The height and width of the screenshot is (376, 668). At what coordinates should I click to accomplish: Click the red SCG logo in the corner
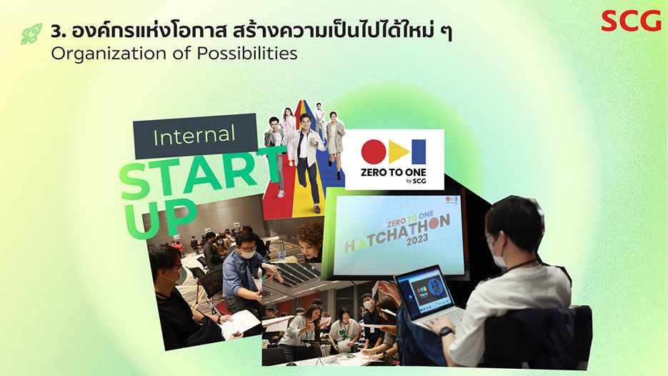tap(631, 21)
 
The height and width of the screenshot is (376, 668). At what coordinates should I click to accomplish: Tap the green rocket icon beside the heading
tap(32, 34)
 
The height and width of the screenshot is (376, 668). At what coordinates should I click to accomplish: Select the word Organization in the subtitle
tap(108, 54)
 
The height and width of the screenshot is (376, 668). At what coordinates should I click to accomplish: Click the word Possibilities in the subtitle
tap(247, 54)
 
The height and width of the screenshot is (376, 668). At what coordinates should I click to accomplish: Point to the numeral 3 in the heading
tap(56, 31)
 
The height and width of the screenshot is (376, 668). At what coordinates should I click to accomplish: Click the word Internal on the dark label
tap(194, 136)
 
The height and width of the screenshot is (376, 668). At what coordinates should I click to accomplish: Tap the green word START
tap(200, 175)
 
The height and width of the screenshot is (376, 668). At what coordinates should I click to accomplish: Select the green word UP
tap(160, 217)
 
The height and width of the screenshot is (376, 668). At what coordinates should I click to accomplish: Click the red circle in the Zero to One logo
tap(374, 152)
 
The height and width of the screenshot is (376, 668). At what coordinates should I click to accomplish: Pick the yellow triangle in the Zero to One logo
tap(399, 152)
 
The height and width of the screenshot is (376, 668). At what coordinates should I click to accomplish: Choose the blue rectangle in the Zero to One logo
tap(419, 152)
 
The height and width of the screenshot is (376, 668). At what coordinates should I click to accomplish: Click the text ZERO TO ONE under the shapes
tap(393, 172)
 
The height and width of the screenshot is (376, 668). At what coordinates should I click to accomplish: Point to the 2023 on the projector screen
tap(417, 240)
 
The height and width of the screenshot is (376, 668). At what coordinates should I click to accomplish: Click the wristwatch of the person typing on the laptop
tap(445, 331)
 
